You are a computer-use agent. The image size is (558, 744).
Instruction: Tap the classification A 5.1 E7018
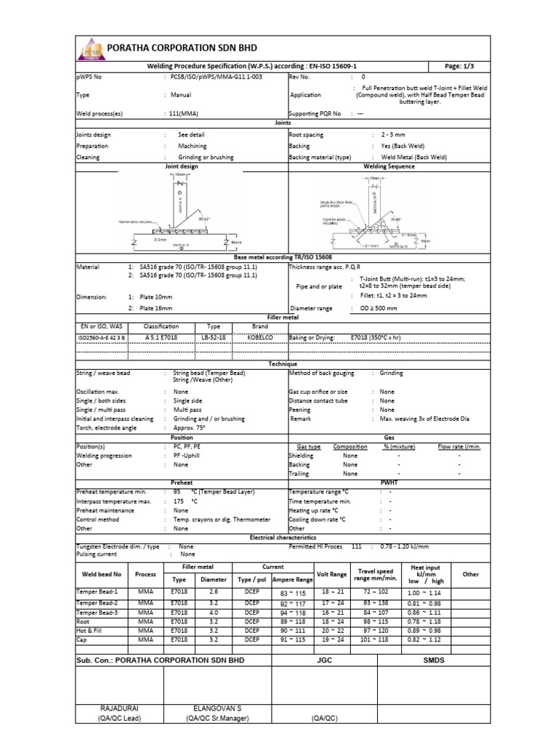click(x=161, y=338)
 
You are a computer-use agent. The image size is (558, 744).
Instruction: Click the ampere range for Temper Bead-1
click(x=294, y=593)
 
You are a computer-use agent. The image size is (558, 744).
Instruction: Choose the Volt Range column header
click(x=333, y=574)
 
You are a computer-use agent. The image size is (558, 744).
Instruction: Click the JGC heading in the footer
click(x=325, y=660)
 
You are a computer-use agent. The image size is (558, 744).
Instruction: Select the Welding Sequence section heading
click(x=389, y=166)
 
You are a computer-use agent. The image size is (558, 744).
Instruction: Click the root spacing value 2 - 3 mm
click(x=388, y=135)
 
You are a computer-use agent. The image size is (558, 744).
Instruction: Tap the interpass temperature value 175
click(x=179, y=501)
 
